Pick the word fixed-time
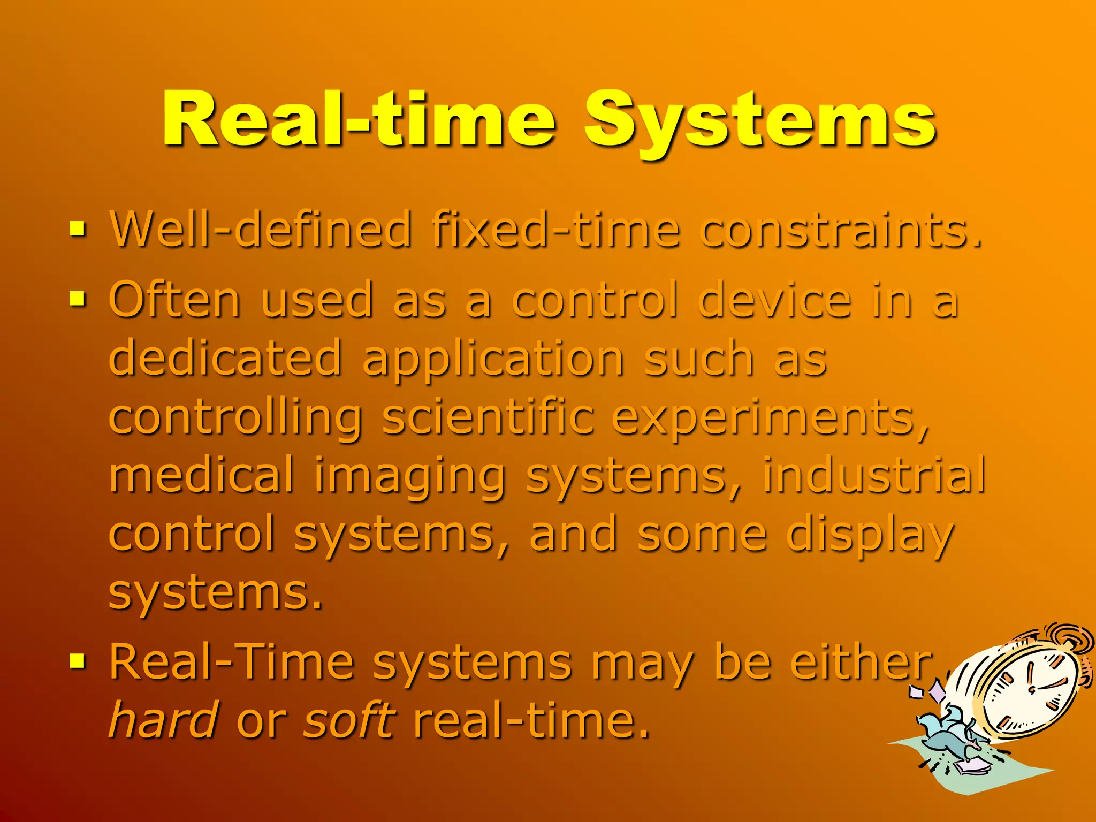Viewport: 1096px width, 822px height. (x=557, y=230)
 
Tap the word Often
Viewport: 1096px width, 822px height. (x=174, y=300)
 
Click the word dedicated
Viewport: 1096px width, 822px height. (x=225, y=357)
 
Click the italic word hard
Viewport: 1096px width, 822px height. (x=164, y=719)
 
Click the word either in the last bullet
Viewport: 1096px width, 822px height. (x=862, y=663)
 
